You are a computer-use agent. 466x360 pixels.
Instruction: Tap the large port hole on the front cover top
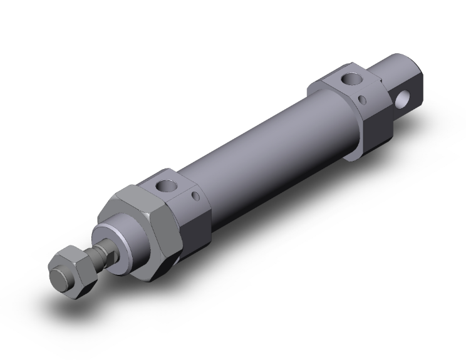pos(167,185)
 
